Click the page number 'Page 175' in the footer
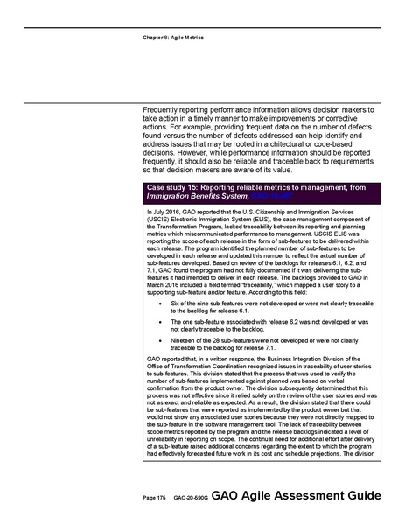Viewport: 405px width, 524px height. click(x=155, y=498)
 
